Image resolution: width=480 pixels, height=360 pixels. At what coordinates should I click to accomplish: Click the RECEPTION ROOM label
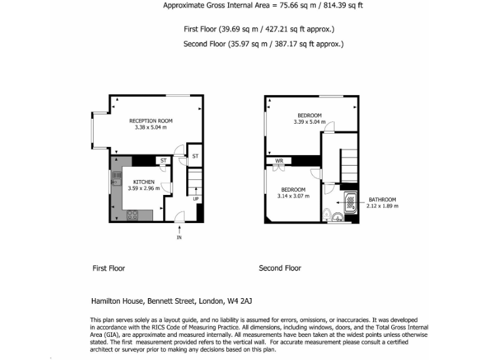point(151,121)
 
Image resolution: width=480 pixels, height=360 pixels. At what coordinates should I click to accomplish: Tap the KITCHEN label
point(144,182)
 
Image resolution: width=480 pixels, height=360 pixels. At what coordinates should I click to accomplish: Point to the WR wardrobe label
point(279,161)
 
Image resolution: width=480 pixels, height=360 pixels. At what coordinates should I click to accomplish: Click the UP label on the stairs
point(196,199)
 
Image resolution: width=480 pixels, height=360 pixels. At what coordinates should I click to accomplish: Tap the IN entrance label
point(179,237)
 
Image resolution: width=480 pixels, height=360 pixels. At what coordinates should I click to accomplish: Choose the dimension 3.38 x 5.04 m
point(151,127)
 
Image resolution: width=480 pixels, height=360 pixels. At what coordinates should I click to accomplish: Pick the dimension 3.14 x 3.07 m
point(292,196)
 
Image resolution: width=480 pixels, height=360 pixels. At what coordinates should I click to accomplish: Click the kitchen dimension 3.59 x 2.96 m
point(143,188)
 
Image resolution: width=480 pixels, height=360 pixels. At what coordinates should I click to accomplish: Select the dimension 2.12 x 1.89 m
point(382,206)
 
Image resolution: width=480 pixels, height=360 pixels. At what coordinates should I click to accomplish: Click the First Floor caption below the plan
point(109,268)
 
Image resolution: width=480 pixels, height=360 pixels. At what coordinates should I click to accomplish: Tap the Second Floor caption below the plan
point(280,268)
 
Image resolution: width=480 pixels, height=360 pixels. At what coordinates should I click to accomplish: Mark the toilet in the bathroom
point(337,217)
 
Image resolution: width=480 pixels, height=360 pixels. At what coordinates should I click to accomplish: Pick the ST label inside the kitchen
point(164,161)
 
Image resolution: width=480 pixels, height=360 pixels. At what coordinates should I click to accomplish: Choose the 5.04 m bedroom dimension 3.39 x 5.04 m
point(309,122)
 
